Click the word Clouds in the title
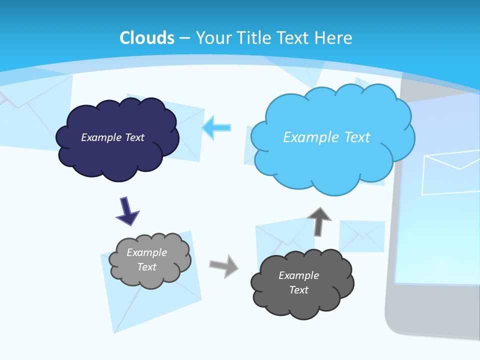(x=147, y=38)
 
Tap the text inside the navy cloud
(x=112, y=137)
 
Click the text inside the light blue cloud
(x=326, y=137)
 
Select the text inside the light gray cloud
(x=147, y=259)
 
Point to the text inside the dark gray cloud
(x=298, y=282)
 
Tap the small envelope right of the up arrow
(x=362, y=235)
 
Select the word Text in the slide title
(x=294, y=38)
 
